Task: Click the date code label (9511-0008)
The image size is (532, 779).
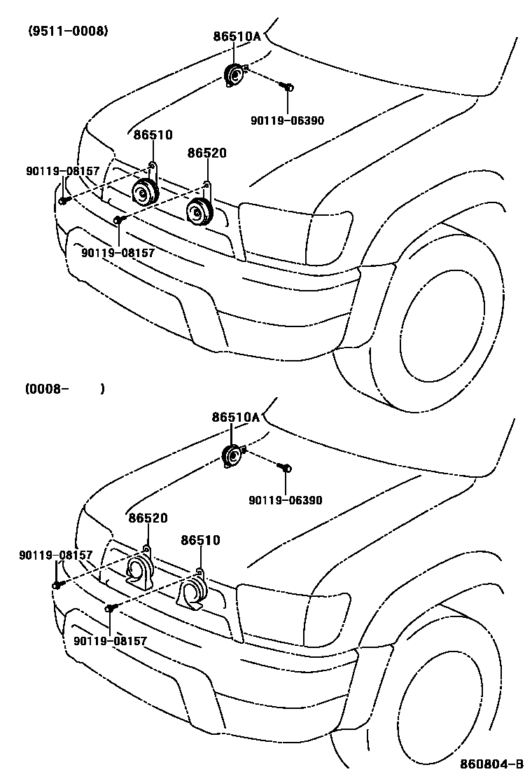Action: click(68, 31)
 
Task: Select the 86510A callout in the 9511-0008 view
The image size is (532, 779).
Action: click(237, 36)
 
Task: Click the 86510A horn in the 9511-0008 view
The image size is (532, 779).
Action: click(233, 74)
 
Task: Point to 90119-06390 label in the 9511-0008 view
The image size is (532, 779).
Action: click(287, 120)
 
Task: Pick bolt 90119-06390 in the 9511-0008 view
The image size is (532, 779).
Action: click(286, 86)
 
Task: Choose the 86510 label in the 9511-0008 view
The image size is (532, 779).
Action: click(153, 135)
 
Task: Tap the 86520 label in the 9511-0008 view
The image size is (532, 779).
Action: click(206, 153)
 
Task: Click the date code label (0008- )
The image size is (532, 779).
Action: click(64, 389)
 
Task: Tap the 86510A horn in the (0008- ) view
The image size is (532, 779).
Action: click(232, 456)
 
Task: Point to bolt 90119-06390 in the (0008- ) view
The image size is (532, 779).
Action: click(285, 467)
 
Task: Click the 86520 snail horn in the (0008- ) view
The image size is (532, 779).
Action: click(139, 568)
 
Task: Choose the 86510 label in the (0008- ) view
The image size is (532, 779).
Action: click(200, 540)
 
